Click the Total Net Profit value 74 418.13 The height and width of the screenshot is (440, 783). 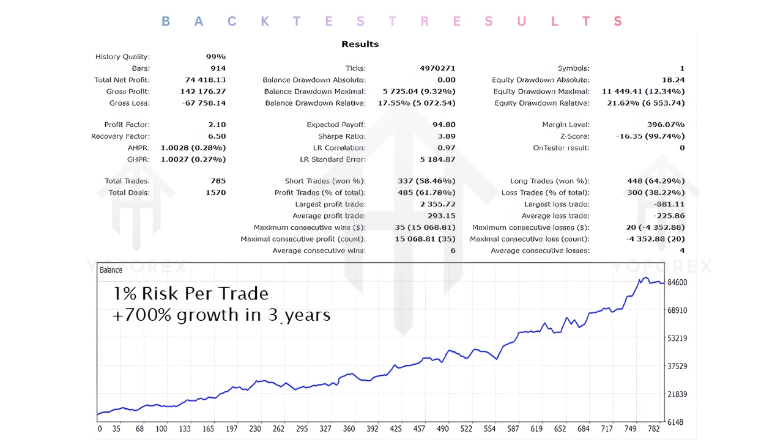point(206,80)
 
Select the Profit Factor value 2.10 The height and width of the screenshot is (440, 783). point(217,125)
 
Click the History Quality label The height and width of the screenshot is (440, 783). point(122,57)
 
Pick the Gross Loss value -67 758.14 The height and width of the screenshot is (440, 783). point(204,103)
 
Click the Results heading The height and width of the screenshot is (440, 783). point(360,44)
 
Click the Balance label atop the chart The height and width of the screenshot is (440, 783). point(111,269)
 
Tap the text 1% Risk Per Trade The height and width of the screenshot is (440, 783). point(190,294)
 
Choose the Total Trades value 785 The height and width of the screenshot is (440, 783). point(218,181)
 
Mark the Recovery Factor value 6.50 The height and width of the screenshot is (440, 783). point(217,136)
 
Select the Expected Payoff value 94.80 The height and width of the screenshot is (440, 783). point(443,125)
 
